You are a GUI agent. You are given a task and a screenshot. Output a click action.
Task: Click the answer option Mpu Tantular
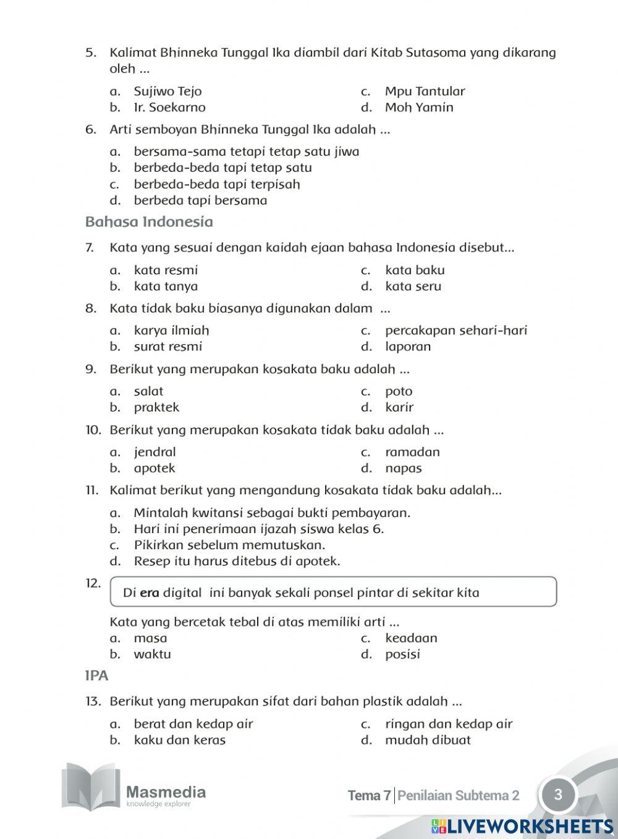(x=425, y=91)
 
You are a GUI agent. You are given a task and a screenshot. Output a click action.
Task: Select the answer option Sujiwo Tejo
(x=167, y=91)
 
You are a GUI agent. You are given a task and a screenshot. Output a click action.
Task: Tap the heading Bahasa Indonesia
(x=149, y=222)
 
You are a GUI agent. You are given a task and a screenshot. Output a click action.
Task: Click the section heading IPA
(x=97, y=676)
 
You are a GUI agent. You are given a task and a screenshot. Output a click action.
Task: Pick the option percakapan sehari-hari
(x=455, y=331)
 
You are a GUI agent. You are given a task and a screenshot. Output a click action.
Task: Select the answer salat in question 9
(x=148, y=391)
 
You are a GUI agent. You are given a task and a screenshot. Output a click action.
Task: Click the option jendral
(x=154, y=452)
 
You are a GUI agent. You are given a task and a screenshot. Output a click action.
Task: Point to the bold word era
(x=150, y=593)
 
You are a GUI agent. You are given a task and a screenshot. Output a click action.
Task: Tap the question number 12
(x=93, y=583)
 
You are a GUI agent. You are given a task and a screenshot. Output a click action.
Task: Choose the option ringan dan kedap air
(x=449, y=723)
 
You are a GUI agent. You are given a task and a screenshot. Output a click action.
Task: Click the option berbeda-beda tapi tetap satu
(x=222, y=167)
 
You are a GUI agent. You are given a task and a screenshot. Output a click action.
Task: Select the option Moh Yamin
(x=419, y=108)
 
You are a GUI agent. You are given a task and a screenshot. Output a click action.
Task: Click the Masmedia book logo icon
(x=90, y=787)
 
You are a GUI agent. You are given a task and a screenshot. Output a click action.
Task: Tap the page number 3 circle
(x=557, y=795)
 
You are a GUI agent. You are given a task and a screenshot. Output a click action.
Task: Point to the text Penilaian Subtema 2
(x=458, y=796)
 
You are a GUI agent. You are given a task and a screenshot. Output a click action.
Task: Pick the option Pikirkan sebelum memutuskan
(x=229, y=545)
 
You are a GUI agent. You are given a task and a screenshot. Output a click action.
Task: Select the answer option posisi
(x=402, y=654)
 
